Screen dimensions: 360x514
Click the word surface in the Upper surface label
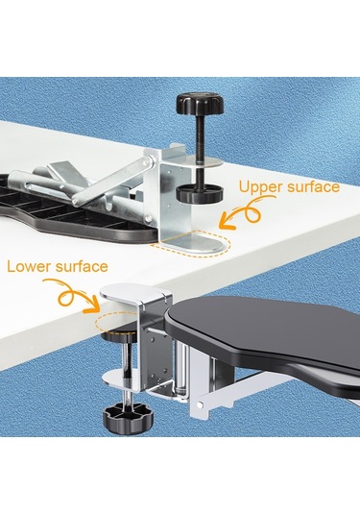coord(313,186)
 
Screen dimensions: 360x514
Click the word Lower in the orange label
coord(29,266)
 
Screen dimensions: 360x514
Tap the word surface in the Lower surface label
coord(82,266)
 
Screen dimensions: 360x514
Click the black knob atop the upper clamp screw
coord(200,102)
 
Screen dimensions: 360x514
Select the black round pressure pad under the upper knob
coord(200,193)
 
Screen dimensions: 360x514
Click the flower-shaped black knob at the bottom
coord(128,416)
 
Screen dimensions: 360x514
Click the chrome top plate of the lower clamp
coord(135,294)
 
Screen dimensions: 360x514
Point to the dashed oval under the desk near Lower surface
coord(116,322)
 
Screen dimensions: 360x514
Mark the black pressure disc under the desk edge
coord(119,336)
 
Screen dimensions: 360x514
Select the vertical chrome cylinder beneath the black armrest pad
coord(181,364)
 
